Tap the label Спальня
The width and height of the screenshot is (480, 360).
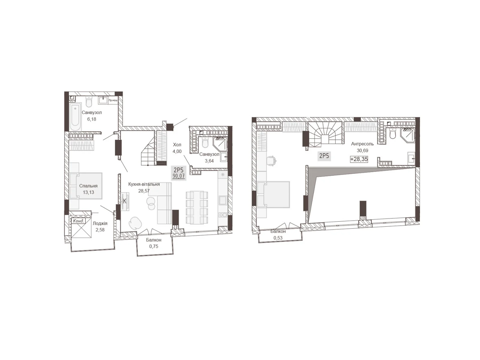(x=88, y=186)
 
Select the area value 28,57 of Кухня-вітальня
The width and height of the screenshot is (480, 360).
(x=144, y=191)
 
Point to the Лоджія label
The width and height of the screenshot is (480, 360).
(x=100, y=223)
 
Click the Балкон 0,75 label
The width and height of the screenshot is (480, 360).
(x=154, y=240)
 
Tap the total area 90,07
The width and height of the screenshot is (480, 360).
(x=178, y=176)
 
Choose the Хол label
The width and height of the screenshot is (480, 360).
(x=177, y=145)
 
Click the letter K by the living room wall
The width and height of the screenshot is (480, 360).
(x=125, y=201)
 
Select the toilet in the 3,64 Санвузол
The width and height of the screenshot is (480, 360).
(x=205, y=143)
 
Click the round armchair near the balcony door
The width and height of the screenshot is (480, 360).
(x=134, y=223)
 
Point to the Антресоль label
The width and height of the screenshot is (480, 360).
(x=362, y=144)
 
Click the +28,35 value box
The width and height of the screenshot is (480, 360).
(x=359, y=159)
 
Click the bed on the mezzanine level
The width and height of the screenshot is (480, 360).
(x=274, y=194)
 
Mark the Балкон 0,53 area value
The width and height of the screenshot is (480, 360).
(x=278, y=238)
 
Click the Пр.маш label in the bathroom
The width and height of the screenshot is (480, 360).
(x=113, y=100)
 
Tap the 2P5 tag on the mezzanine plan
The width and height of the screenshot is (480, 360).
(x=324, y=156)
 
